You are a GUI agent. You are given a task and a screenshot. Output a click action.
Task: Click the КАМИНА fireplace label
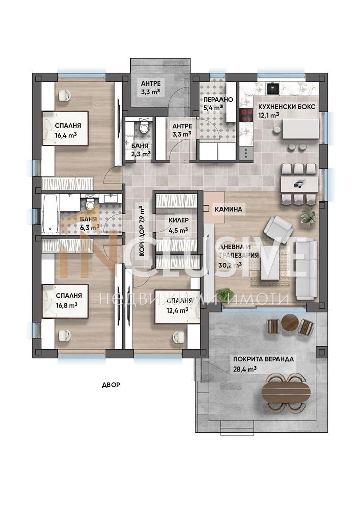(229, 209)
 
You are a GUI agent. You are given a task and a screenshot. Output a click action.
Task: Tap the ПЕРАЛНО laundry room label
(218, 100)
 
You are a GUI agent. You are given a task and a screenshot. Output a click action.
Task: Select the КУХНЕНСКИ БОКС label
(287, 107)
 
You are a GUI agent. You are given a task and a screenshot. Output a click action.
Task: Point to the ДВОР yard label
(111, 385)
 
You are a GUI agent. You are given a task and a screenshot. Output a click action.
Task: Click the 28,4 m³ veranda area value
(245, 369)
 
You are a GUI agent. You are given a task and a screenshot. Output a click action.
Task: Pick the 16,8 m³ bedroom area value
(67, 305)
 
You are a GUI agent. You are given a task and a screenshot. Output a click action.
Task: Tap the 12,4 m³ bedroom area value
(178, 310)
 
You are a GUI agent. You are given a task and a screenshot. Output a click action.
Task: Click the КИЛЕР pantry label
(179, 220)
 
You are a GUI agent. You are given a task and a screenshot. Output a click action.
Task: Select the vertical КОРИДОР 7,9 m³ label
(142, 231)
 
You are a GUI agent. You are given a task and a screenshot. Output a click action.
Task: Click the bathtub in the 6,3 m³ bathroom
(51, 214)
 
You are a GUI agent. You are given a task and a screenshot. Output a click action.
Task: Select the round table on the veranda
(290, 322)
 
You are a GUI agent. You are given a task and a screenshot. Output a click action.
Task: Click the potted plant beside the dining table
(309, 216)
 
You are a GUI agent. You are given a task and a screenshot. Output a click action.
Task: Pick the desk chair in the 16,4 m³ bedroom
(63, 96)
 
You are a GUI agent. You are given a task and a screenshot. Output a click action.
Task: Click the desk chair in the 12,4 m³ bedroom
(179, 336)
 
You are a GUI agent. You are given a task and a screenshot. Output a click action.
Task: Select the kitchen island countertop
(300, 129)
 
